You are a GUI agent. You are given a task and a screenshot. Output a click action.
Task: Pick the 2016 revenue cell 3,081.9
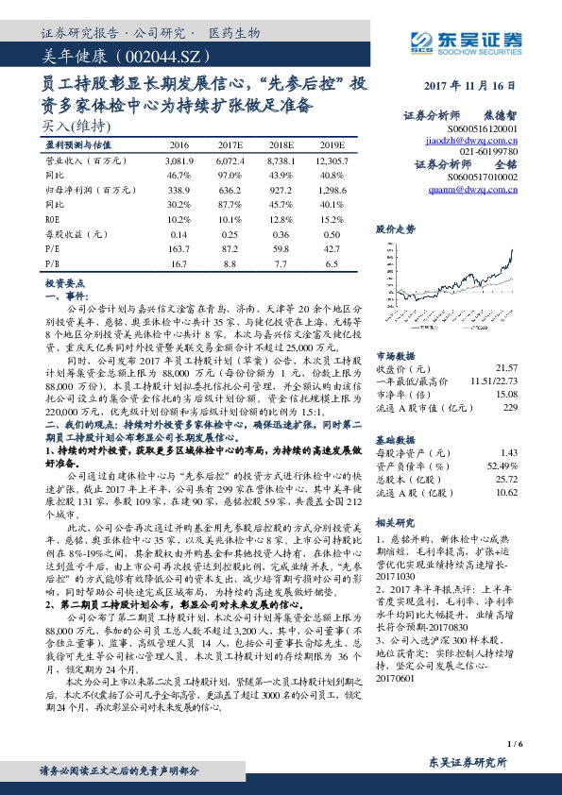179,161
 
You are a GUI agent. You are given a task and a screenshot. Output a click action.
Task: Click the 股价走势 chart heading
396,229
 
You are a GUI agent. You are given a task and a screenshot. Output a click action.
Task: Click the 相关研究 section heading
396,520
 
